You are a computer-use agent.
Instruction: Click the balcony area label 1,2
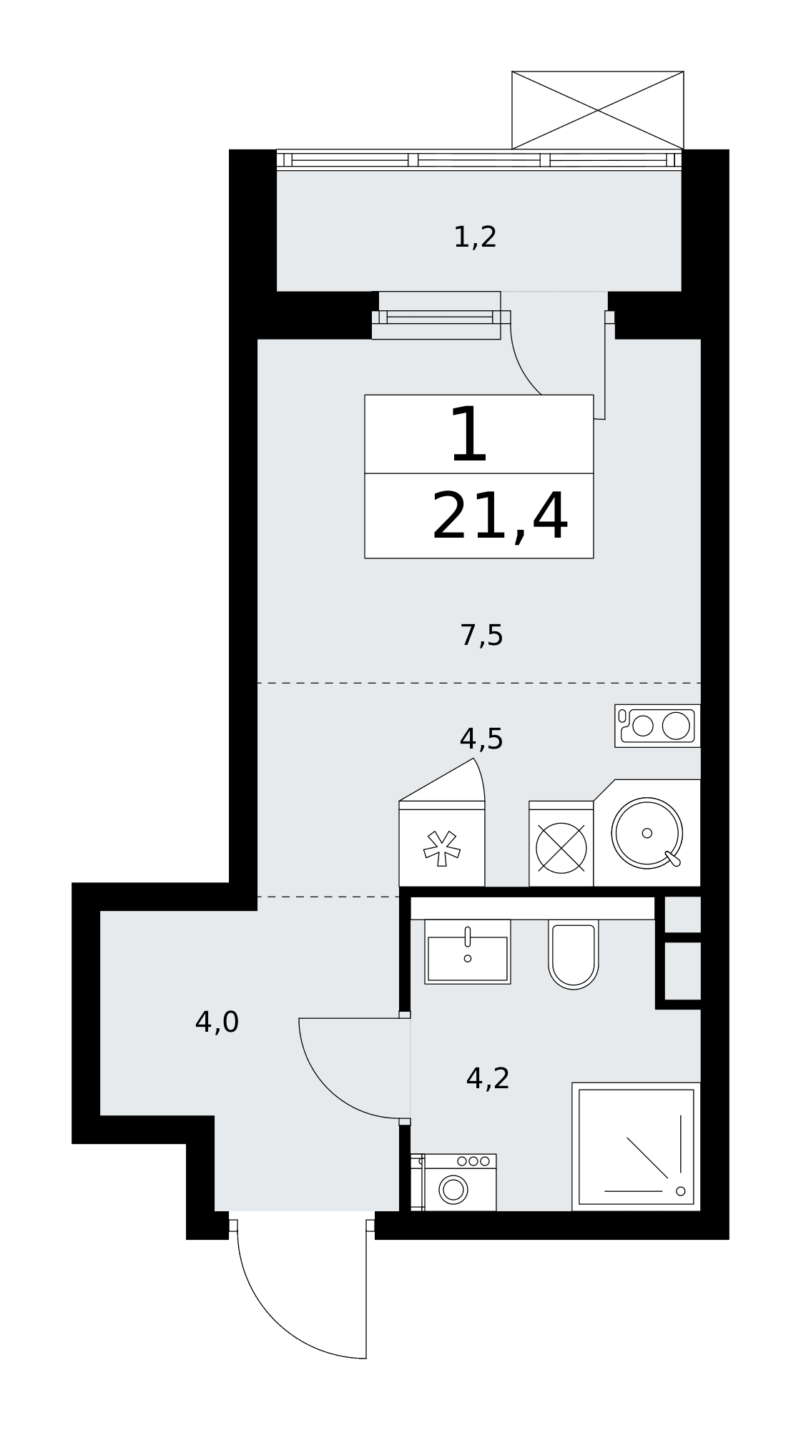click(475, 237)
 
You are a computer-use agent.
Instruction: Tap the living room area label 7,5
click(481, 635)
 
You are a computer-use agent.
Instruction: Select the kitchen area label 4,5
click(481, 739)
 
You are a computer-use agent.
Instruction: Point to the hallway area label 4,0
click(217, 1022)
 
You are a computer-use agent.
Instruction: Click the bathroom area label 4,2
click(488, 1078)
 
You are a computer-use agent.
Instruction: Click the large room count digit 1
click(470, 435)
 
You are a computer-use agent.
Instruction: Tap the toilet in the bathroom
click(574, 955)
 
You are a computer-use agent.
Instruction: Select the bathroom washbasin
click(468, 952)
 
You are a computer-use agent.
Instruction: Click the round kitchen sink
click(647, 833)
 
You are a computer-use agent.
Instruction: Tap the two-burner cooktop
click(657, 726)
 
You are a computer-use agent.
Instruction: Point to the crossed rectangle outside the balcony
click(598, 110)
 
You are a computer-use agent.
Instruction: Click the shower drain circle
click(680, 1191)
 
